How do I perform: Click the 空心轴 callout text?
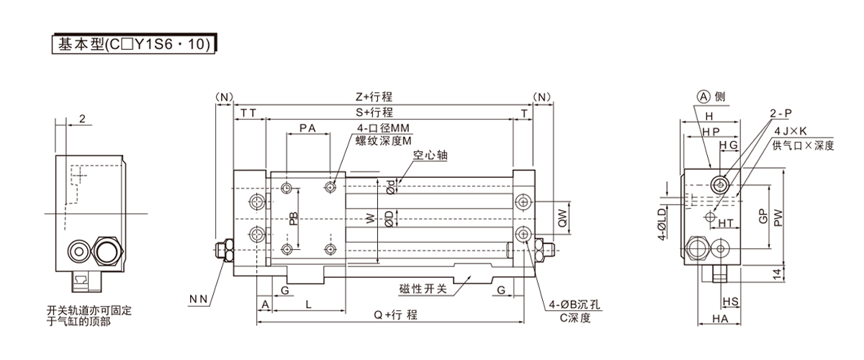(x=431, y=154)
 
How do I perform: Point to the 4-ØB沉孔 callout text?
(x=575, y=303)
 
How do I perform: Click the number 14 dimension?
(x=775, y=274)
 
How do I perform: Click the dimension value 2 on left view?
(x=83, y=120)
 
